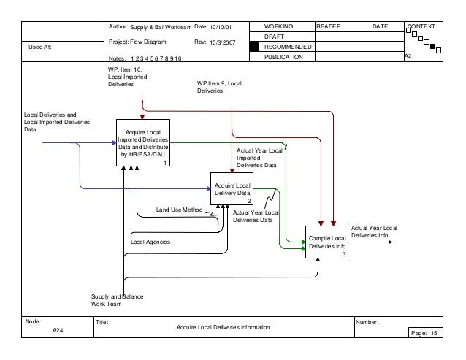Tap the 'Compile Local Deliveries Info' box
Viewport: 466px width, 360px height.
pos(326,242)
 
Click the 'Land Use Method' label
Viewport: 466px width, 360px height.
pos(179,210)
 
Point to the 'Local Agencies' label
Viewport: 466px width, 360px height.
pos(150,241)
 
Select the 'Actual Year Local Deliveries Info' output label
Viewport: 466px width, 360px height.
pos(374,232)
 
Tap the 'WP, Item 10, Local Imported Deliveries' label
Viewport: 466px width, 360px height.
pos(126,77)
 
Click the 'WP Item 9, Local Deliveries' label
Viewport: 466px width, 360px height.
pos(219,88)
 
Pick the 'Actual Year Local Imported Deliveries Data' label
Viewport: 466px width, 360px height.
pos(259,158)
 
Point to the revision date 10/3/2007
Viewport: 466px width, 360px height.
pos(223,42)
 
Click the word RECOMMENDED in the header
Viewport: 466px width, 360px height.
pos(287,46)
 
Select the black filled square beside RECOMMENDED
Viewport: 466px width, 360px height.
pos(253,46)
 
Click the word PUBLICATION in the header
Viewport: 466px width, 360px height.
pos(285,57)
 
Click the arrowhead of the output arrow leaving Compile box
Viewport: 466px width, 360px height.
pos(397,242)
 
